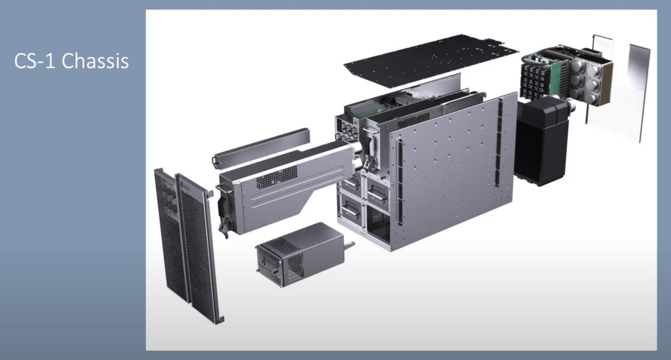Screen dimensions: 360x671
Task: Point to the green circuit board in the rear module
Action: click(x=554, y=75)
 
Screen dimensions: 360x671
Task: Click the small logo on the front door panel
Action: click(x=186, y=188)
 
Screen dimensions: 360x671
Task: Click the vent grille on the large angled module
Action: click(x=276, y=177)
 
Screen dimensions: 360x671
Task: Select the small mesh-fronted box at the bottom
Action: click(x=299, y=252)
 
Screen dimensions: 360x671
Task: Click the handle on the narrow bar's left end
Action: click(x=216, y=160)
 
